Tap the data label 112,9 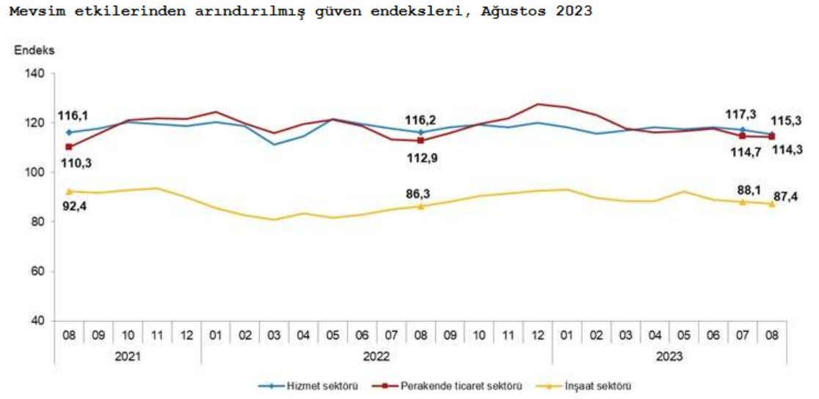coord(421,156)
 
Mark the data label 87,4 coord(789,198)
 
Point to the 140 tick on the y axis coord(37,73)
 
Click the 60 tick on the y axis coord(40,272)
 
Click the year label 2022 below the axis coord(376,356)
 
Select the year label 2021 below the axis coord(127,356)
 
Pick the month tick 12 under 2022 coord(537,334)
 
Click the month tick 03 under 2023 coord(625,334)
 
